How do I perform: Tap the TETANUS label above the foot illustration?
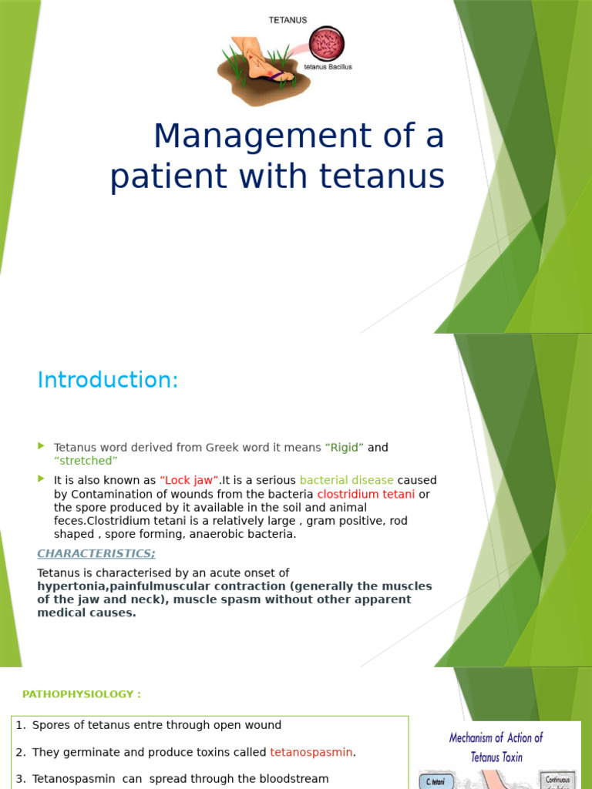287,21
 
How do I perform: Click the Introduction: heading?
108,380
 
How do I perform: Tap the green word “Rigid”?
345,448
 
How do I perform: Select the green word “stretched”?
86,461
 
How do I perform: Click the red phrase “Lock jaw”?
190,480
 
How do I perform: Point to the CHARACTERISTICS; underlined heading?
96,553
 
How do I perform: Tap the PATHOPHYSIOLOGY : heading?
82,694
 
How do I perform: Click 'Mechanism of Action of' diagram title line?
496,738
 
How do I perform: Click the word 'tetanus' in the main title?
386,176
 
